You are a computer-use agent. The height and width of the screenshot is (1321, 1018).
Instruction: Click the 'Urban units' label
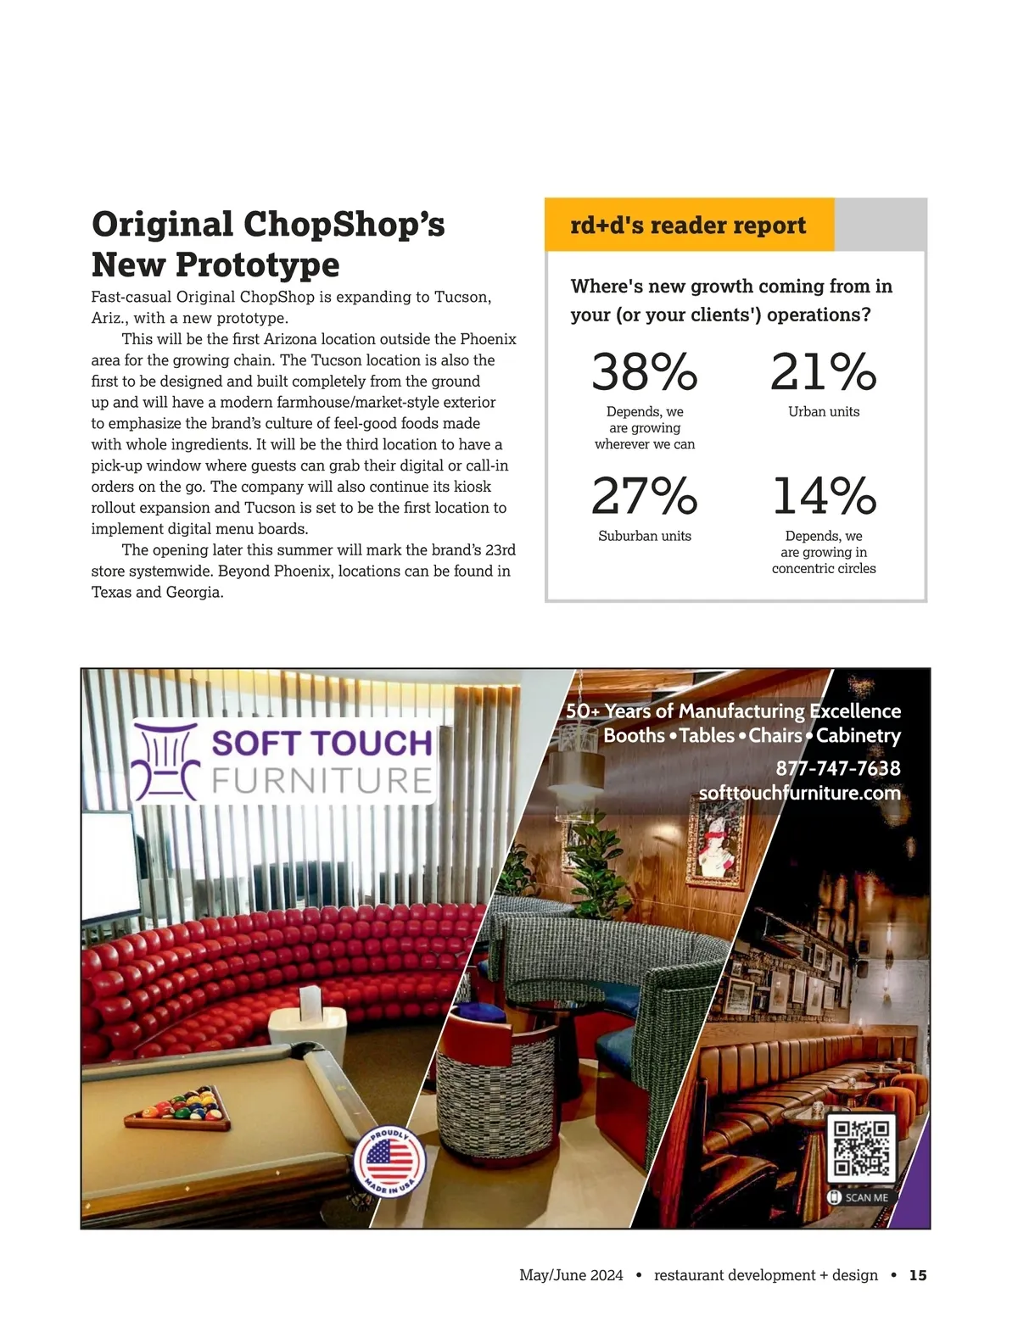tap(824, 412)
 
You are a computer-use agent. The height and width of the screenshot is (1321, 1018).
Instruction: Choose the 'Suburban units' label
tap(645, 536)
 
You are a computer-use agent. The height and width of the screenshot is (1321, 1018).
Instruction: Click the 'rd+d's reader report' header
tap(688, 226)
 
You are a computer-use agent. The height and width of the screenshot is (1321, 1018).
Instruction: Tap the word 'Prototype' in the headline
tap(257, 265)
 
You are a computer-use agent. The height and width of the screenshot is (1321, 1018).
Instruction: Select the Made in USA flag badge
tap(389, 1161)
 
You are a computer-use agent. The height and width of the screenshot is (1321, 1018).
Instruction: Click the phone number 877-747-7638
tap(838, 768)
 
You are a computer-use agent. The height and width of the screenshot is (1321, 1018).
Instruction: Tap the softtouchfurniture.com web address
tap(799, 793)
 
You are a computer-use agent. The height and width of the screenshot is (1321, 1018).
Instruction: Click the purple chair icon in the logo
tap(166, 761)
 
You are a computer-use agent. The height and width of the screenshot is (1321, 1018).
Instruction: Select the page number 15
tap(918, 1275)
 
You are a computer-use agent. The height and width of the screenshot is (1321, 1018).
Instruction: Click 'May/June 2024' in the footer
tap(571, 1275)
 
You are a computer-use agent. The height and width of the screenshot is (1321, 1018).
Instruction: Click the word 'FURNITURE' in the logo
tap(322, 781)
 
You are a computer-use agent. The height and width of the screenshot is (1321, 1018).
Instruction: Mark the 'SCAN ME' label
tap(865, 1197)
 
